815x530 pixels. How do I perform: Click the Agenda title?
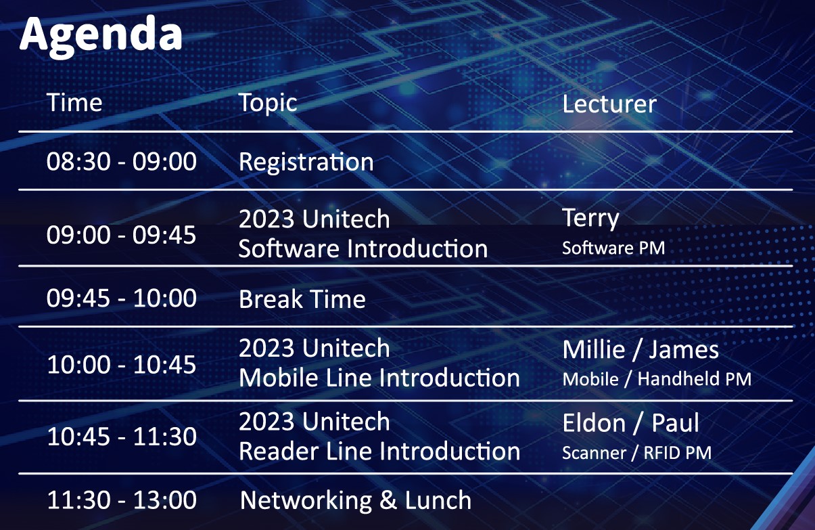pyautogui.click(x=101, y=37)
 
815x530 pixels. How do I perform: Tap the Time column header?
pyautogui.click(x=74, y=102)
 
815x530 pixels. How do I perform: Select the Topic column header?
pyautogui.click(x=268, y=103)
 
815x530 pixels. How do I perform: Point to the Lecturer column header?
pyautogui.click(x=609, y=104)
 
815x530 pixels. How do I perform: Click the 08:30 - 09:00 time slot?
pyautogui.click(x=122, y=161)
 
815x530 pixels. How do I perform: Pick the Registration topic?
pyautogui.click(x=306, y=162)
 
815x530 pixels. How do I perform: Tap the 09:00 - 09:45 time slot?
pyautogui.click(x=121, y=235)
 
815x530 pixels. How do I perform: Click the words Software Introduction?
pyautogui.click(x=363, y=248)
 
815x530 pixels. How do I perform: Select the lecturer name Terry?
pyautogui.click(x=590, y=219)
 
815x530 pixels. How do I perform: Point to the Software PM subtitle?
pyautogui.click(x=613, y=248)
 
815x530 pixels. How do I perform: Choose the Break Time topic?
pyautogui.click(x=302, y=299)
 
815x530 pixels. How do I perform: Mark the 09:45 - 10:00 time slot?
pyautogui.click(x=122, y=298)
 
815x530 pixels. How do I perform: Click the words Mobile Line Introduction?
pyautogui.click(x=379, y=378)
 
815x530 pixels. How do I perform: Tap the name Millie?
pyautogui.click(x=594, y=350)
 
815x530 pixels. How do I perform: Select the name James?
pyautogui.click(x=684, y=350)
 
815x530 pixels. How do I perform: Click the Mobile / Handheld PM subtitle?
pyautogui.click(x=657, y=379)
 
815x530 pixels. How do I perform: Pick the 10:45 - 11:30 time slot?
pyautogui.click(x=122, y=437)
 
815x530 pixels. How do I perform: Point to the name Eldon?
pyautogui.click(x=594, y=423)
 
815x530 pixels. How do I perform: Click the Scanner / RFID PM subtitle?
pyautogui.click(x=636, y=453)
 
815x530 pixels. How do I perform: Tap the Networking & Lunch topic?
pyautogui.click(x=356, y=500)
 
